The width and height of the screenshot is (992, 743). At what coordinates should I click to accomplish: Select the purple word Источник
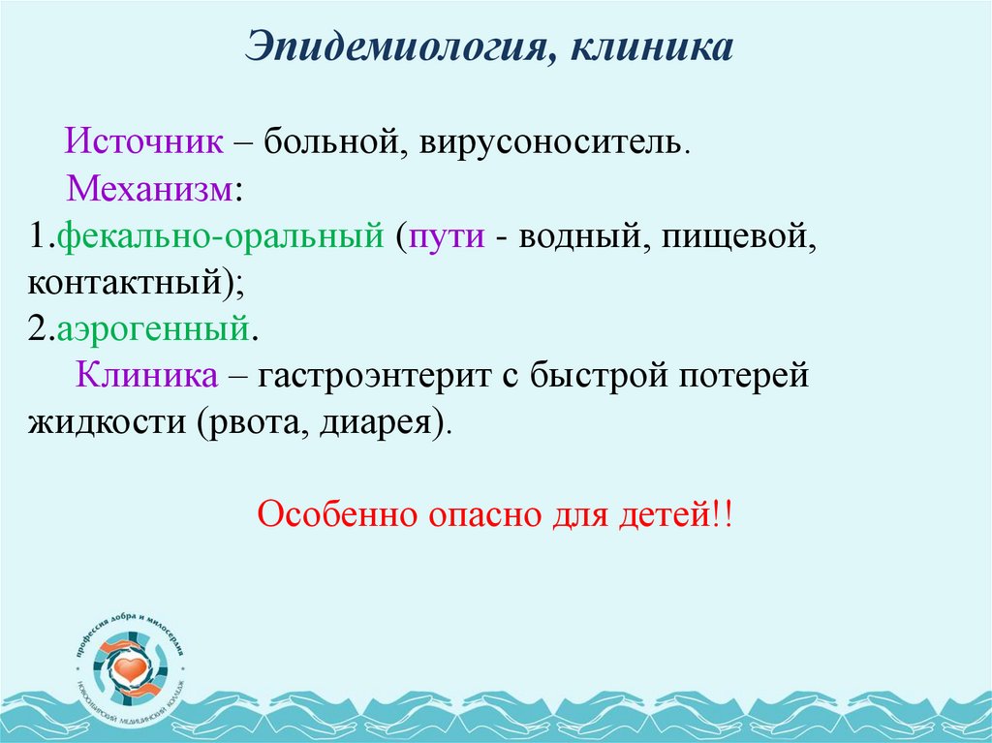[x=143, y=142]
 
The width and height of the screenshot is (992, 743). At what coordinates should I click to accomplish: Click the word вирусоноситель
[x=553, y=143]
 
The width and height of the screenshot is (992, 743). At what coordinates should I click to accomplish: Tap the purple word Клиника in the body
[x=147, y=376]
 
